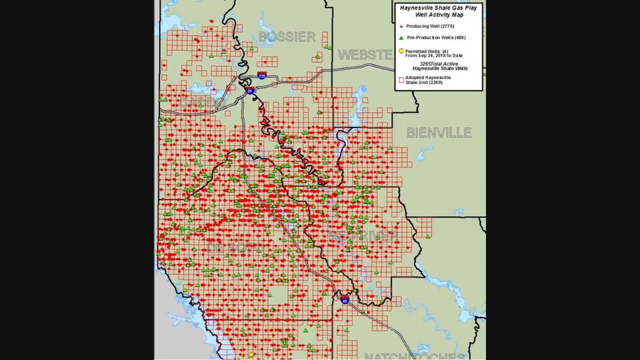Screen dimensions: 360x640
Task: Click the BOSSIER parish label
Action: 287,37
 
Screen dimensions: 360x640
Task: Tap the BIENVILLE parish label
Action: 439,132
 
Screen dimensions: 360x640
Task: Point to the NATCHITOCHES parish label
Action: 414,356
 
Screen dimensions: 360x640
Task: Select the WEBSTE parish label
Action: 365,54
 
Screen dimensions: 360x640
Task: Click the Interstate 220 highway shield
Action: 262,76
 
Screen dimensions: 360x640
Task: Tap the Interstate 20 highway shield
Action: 250,91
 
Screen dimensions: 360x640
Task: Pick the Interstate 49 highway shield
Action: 345,301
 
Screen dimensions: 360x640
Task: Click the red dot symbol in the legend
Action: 401,26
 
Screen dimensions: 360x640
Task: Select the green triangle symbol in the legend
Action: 401,38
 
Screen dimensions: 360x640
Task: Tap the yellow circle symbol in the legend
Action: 401,52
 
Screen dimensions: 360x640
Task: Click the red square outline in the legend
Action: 401,78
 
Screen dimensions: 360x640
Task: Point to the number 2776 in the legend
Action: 445,26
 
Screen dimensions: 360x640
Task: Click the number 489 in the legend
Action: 459,38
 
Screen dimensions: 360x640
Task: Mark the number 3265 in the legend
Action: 425,64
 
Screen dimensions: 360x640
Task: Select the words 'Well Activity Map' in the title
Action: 439,15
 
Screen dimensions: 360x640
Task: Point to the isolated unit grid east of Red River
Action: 424,228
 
